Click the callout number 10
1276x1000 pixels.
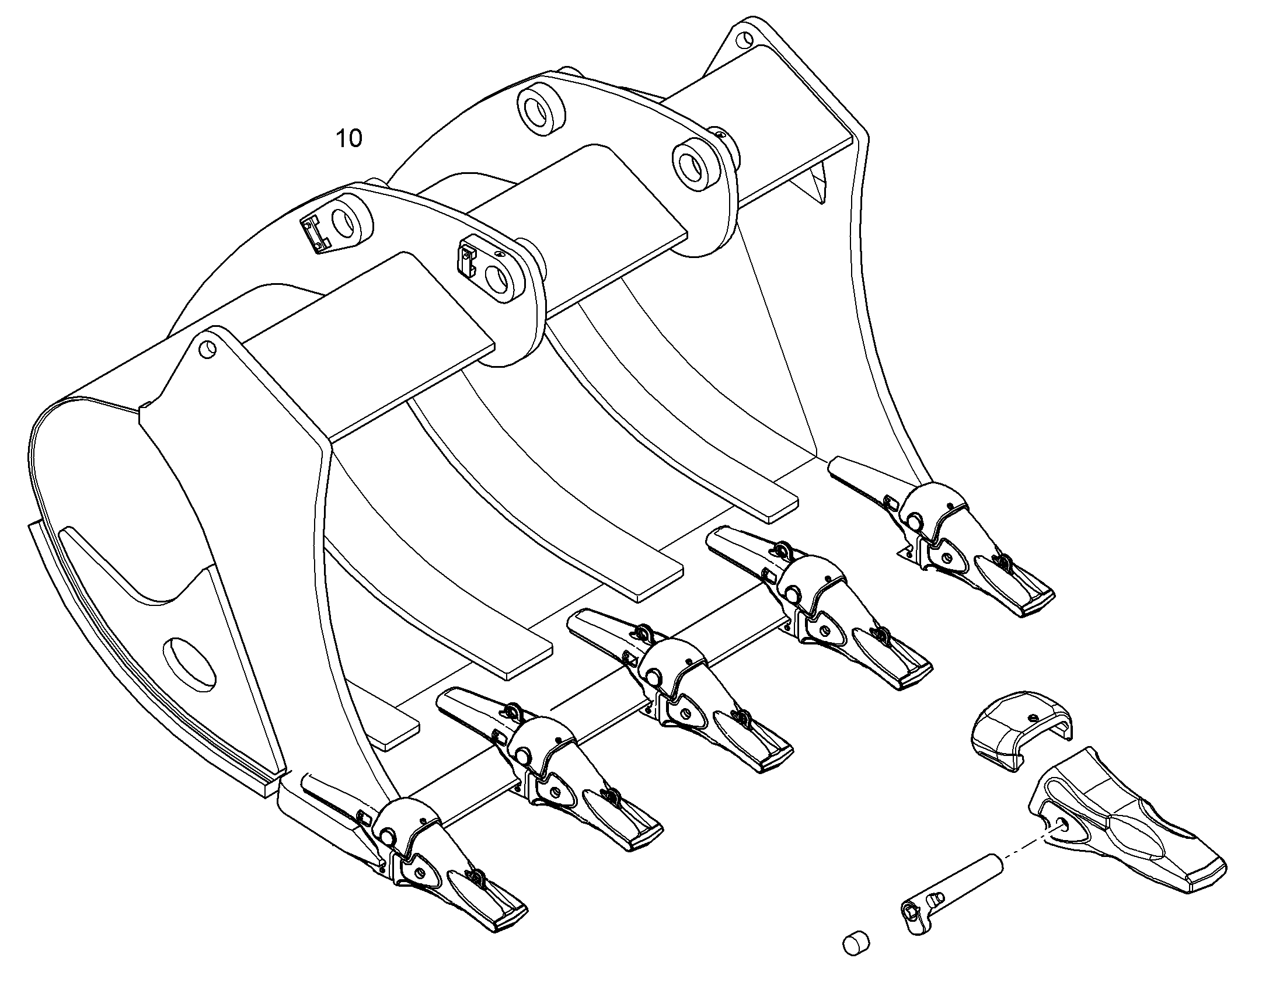(x=349, y=138)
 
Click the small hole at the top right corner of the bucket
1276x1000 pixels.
(x=745, y=40)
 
